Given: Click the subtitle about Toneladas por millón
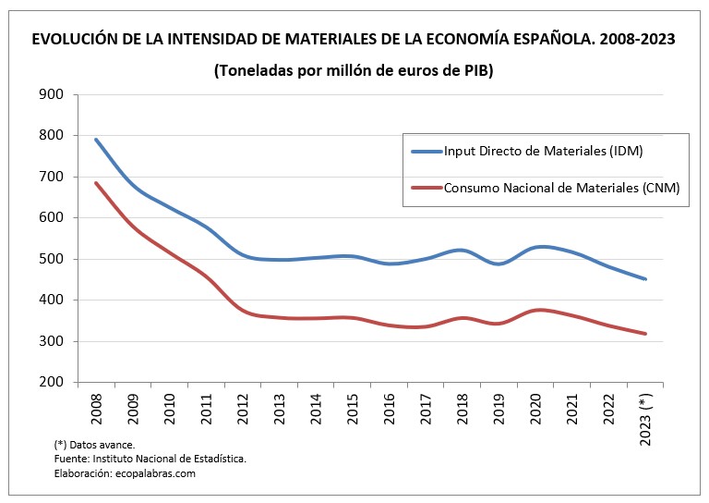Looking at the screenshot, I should coord(354,71).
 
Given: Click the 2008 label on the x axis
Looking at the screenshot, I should coord(96,408).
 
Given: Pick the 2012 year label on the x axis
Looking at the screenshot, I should coord(243,408).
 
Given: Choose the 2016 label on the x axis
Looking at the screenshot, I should coord(390,408).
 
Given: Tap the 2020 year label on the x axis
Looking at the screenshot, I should coord(536,408).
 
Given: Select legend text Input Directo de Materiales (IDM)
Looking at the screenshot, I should coord(543,151).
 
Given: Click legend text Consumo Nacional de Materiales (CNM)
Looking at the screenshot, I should coord(561,188).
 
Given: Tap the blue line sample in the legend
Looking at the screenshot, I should coord(426,151).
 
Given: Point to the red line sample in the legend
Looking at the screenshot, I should coord(426,188).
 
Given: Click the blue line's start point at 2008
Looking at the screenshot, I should coord(96,140).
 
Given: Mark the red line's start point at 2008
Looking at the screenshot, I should coord(96,183).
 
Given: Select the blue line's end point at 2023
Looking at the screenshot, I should coord(645,278).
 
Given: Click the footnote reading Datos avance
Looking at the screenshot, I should coord(95,444).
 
